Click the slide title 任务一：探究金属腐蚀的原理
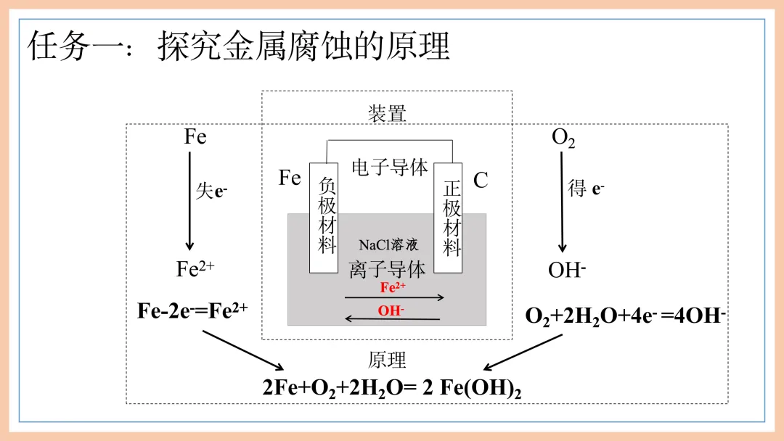[x=239, y=46]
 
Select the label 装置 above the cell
[x=387, y=113]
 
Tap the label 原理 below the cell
[x=387, y=360]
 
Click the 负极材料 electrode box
[x=324, y=218]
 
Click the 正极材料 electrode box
[x=449, y=218]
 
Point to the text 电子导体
[x=389, y=168]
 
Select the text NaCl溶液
[x=388, y=246]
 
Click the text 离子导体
[x=387, y=270]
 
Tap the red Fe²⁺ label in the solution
[x=393, y=287]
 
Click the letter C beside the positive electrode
[x=481, y=181]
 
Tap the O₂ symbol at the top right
[x=563, y=138]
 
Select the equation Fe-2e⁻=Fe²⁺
[x=193, y=311]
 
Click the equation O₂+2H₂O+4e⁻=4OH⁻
[x=626, y=316]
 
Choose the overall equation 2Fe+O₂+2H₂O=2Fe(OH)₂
[x=392, y=387]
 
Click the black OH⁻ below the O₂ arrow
[x=567, y=271]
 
